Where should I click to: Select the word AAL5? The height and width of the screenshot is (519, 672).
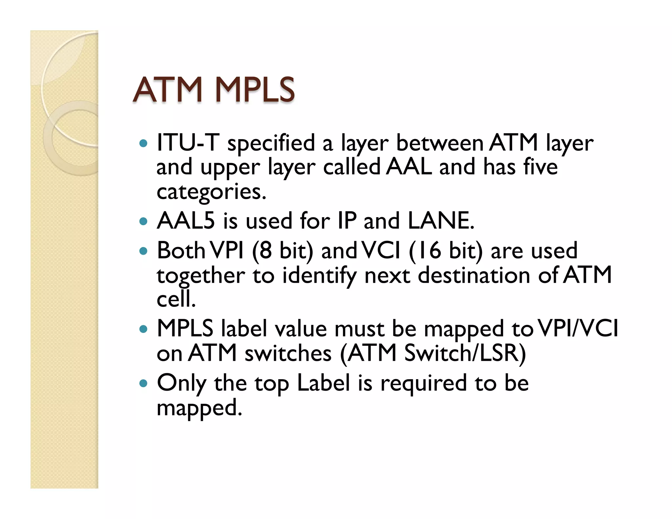pyautogui.click(x=186, y=220)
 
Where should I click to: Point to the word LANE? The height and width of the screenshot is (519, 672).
pyautogui.click(x=441, y=220)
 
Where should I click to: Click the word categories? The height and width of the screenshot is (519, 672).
pyautogui.click(x=211, y=192)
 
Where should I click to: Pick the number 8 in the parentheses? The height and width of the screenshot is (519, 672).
pyautogui.click(x=265, y=251)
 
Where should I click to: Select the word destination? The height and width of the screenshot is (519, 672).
pyautogui.click(x=474, y=275)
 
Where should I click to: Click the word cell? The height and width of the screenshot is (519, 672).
pyautogui.click(x=176, y=299)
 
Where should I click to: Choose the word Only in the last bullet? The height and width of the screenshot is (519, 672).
pyautogui.click(x=181, y=383)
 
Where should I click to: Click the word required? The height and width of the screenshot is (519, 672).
pyautogui.click(x=423, y=383)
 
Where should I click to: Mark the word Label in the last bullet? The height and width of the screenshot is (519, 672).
pyautogui.click(x=324, y=383)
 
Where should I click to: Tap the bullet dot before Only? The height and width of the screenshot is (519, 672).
pyautogui.click(x=143, y=383)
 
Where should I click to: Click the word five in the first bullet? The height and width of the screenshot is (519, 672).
pyautogui.click(x=540, y=167)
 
